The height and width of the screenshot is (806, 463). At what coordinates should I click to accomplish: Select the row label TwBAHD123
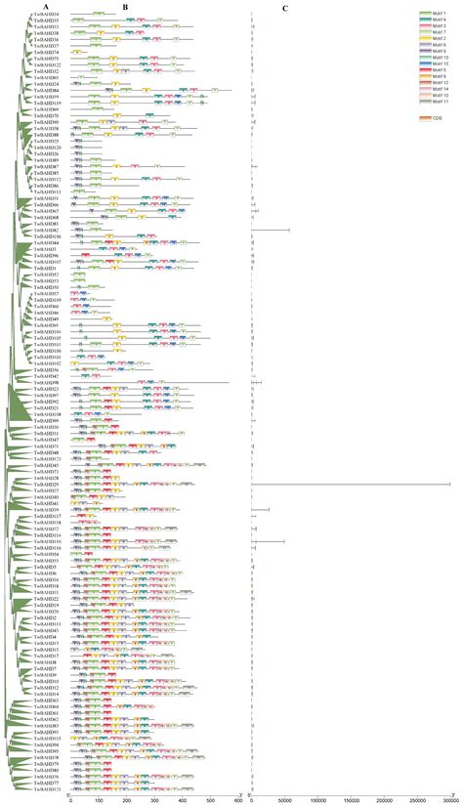click(45, 788)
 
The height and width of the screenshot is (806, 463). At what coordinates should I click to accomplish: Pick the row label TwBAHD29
click(45, 484)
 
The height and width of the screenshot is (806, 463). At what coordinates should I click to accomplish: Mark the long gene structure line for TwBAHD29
click(352, 484)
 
